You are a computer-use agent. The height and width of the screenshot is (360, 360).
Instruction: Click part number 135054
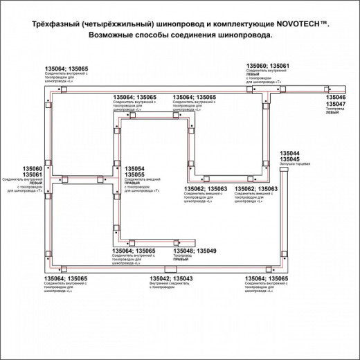(134, 168)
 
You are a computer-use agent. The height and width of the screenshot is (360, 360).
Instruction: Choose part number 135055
(134, 174)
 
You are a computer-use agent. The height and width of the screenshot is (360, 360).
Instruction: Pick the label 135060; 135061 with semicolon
(269, 64)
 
